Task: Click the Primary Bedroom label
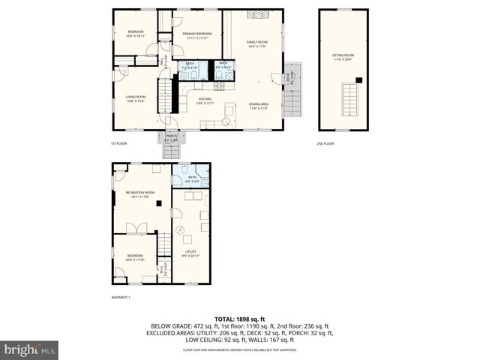point(196,35)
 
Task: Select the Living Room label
point(135,98)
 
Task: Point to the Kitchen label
point(205,101)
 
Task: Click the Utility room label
point(190,253)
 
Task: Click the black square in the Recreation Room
point(159,202)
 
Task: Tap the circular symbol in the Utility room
point(178,229)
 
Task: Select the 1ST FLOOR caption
point(118,143)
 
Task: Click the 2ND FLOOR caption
point(325,143)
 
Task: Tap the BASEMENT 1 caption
point(121,298)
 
